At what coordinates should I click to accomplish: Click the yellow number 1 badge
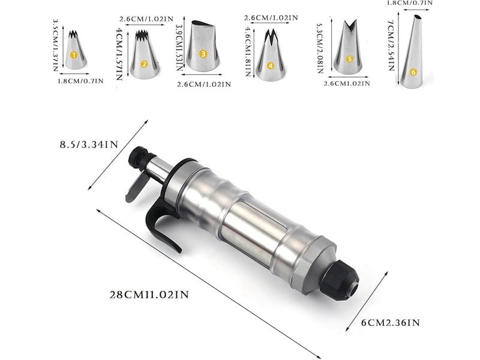coord(73,55)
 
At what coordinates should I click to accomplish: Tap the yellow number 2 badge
coord(144,64)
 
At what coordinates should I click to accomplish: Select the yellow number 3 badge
coord(203,54)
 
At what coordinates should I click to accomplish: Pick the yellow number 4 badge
coord(270,66)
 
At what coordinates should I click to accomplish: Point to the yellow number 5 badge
coord(350,59)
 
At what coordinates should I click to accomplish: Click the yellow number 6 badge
coord(413,72)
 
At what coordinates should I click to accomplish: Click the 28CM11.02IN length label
coord(149,295)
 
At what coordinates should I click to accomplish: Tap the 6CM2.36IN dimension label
coord(391,323)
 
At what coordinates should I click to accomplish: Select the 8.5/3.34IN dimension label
coord(89,145)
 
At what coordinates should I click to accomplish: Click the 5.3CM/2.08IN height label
coord(320,49)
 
